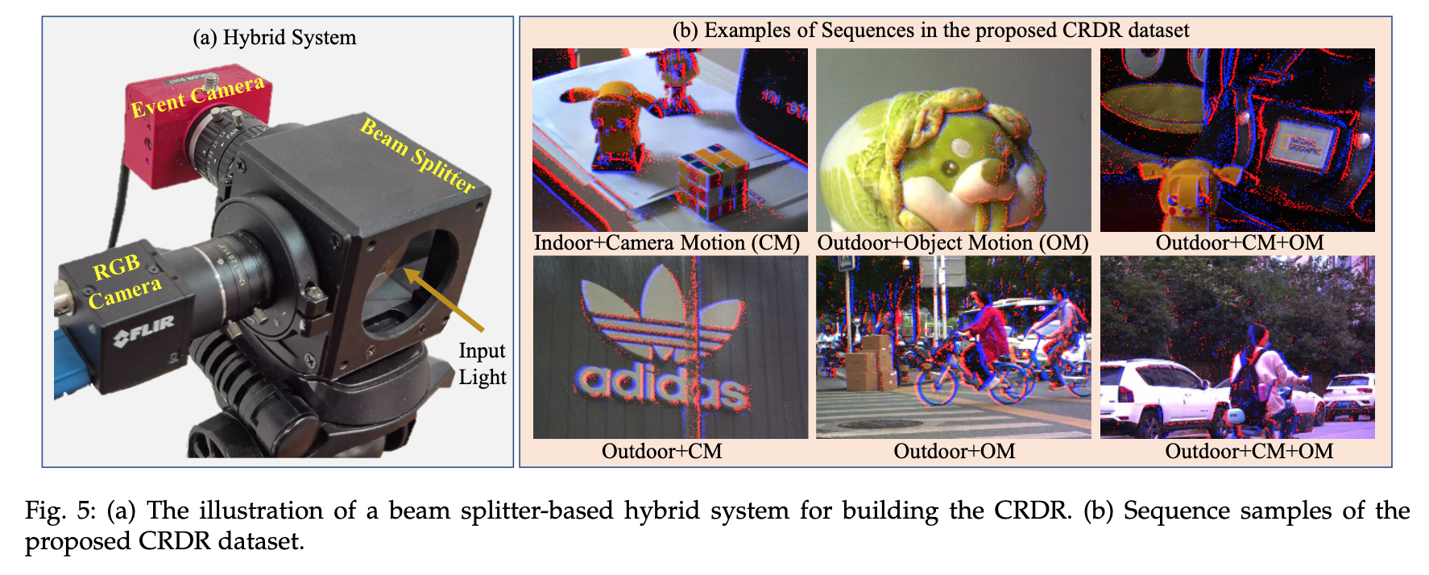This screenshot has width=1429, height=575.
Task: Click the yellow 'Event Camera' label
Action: (x=197, y=97)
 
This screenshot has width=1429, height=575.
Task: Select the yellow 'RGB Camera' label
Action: (x=126, y=282)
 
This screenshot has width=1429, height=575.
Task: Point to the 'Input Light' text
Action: (x=482, y=364)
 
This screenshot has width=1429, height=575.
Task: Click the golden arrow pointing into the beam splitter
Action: (x=443, y=300)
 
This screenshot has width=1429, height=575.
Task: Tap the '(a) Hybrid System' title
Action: (x=274, y=38)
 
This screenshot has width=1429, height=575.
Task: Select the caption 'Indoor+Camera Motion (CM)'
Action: (x=667, y=243)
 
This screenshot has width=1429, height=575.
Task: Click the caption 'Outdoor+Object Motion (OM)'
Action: (x=953, y=243)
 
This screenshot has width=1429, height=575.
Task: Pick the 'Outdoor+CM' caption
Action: (x=661, y=451)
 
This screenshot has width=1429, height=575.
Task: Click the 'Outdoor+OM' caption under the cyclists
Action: (x=954, y=451)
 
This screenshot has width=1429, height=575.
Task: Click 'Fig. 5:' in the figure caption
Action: (x=60, y=511)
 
